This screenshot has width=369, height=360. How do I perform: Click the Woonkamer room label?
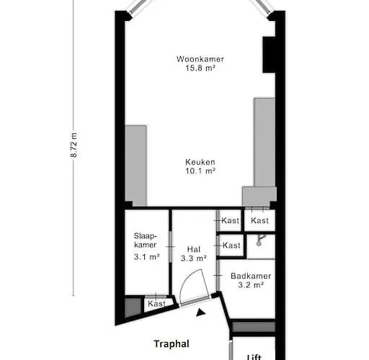[x=200, y=59]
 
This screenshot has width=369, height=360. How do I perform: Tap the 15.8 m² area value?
[x=200, y=68]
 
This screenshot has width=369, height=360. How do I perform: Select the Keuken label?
[x=200, y=162]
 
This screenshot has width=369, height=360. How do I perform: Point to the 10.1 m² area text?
[x=200, y=171]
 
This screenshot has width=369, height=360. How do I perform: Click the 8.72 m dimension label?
[x=74, y=145]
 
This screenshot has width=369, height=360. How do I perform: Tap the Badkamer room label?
[x=251, y=276]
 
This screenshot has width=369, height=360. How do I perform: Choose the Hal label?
[x=194, y=249]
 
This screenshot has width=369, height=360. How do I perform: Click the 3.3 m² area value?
[x=194, y=258]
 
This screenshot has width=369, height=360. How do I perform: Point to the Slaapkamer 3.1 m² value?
[x=147, y=257]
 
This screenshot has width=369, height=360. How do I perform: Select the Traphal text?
[x=172, y=343]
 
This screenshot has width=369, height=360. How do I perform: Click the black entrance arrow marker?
[x=200, y=312]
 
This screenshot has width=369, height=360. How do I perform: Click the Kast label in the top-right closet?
[x=259, y=220]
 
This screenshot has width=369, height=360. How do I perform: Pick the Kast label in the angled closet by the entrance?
[x=156, y=304]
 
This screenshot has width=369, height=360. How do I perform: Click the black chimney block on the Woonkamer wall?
[x=269, y=55]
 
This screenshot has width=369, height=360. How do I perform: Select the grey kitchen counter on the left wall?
[x=135, y=166]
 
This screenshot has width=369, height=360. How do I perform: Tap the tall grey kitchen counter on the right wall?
[x=264, y=143]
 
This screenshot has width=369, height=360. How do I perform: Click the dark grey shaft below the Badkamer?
[x=254, y=327]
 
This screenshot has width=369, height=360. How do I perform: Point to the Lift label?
[x=254, y=357]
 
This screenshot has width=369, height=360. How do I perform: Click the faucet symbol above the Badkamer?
[x=260, y=240]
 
